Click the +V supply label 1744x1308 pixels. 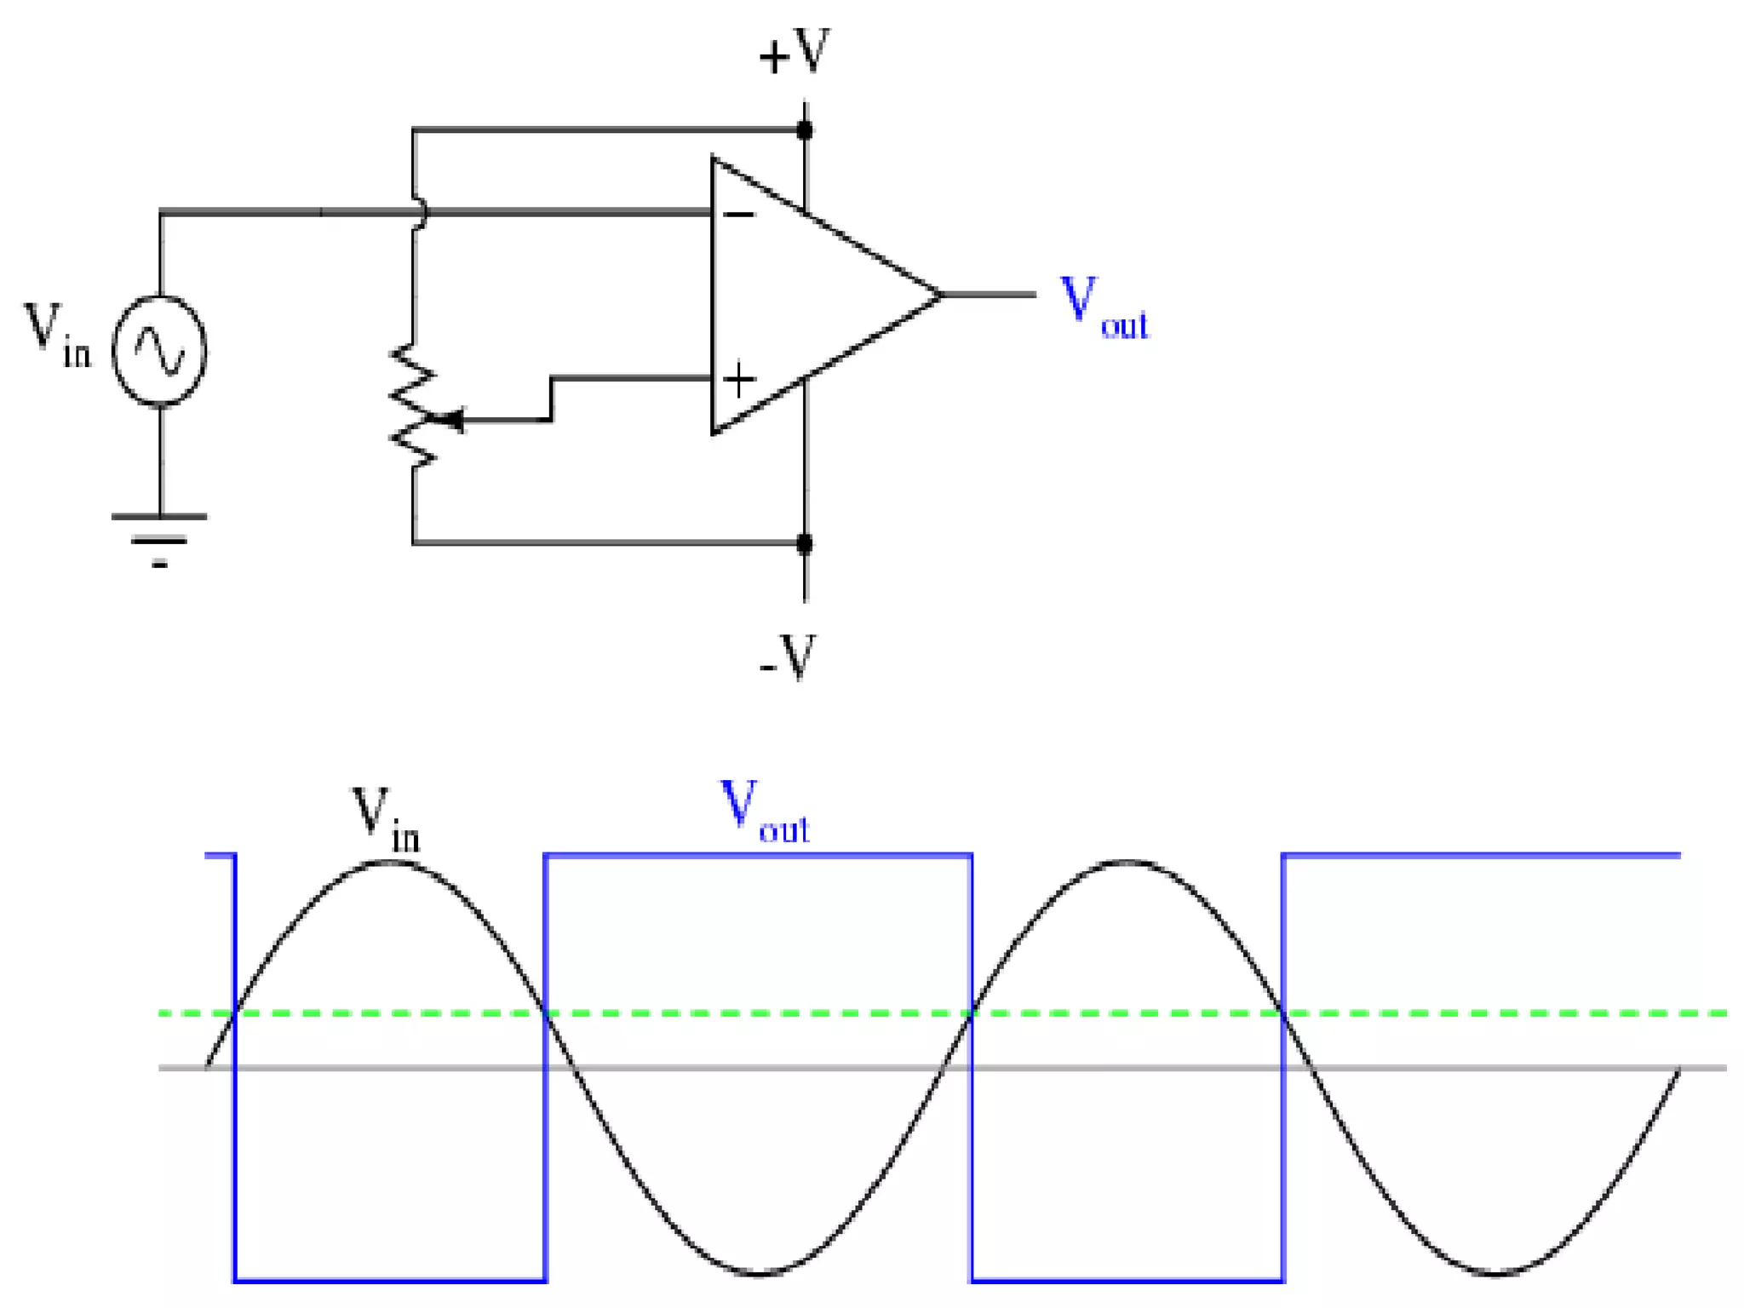(x=794, y=53)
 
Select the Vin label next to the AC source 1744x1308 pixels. (x=56, y=336)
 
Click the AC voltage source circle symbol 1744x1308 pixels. (x=160, y=351)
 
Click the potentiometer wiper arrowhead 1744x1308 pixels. (x=454, y=420)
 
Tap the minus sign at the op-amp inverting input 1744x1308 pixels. (x=738, y=214)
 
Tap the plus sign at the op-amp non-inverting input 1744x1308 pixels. (x=739, y=380)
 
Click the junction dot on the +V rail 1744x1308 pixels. (x=805, y=130)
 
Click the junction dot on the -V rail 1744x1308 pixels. (x=805, y=542)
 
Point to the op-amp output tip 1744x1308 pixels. (x=940, y=295)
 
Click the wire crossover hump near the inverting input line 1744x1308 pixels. (x=419, y=213)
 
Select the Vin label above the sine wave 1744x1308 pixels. (x=385, y=818)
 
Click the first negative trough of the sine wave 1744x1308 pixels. (x=758, y=1274)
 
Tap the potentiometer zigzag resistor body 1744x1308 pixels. (x=414, y=406)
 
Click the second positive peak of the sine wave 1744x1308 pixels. (x=1126, y=863)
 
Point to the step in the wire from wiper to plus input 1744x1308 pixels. (x=552, y=399)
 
